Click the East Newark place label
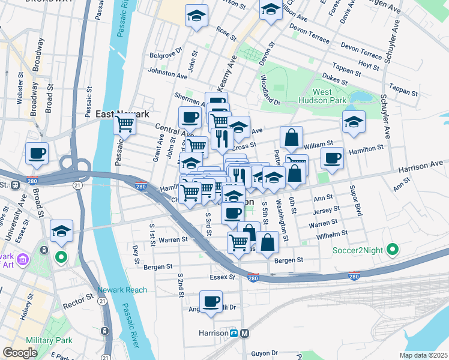122,113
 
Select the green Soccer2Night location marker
392,248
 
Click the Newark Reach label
126,290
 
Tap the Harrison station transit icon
244,333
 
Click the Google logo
20,353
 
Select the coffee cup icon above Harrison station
211,302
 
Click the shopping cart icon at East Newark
125,123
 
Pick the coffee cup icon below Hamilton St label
333,158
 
